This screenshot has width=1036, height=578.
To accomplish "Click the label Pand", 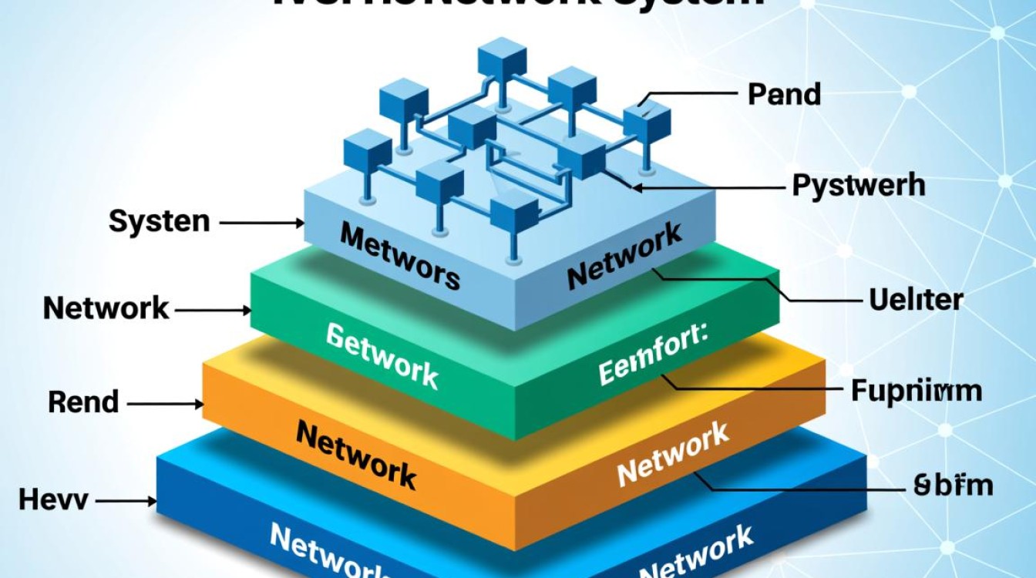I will (x=784, y=95).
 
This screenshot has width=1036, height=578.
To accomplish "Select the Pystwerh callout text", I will (x=858, y=186).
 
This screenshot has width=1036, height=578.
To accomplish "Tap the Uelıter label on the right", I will (x=916, y=299).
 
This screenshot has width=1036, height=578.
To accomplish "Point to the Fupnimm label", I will (x=917, y=391).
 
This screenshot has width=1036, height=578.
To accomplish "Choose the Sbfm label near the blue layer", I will (x=953, y=486).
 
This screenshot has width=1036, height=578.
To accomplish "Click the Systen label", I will (x=159, y=222).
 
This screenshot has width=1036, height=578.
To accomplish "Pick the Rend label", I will (x=83, y=402).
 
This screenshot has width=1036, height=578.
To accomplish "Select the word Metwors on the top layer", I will (x=400, y=256).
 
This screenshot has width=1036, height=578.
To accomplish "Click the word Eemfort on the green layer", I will (x=657, y=356).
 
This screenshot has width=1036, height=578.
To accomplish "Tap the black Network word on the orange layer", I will (x=356, y=454).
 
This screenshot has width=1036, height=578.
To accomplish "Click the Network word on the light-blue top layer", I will (x=624, y=255).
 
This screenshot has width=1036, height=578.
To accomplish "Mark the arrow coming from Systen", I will (x=262, y=223).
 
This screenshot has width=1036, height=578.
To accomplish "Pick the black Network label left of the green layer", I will (x=106, y=308).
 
